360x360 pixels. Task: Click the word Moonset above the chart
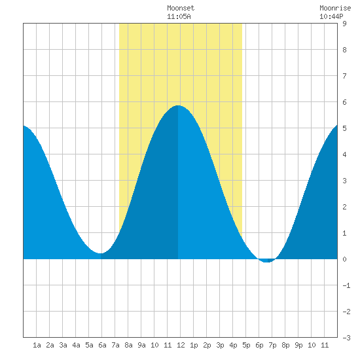181,8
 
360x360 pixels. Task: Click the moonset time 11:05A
179,16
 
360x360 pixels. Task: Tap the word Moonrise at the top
335,8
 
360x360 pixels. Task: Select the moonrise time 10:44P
331,16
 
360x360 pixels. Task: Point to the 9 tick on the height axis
344,24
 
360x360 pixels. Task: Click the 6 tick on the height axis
344,102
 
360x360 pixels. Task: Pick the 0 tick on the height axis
344,259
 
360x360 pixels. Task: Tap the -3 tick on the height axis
346,338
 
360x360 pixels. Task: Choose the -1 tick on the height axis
346,285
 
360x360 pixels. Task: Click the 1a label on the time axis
37,345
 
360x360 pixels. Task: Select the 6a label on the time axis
102,345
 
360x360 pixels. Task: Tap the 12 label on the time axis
181,345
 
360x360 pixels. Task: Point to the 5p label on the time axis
246,345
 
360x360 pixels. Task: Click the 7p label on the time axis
272,345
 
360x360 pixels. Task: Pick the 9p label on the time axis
298,345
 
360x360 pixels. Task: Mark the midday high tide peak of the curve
178,105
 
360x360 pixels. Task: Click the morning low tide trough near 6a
101,253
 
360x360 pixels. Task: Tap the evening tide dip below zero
267,261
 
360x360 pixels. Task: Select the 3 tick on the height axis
344,181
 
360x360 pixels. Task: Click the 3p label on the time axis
220,345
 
